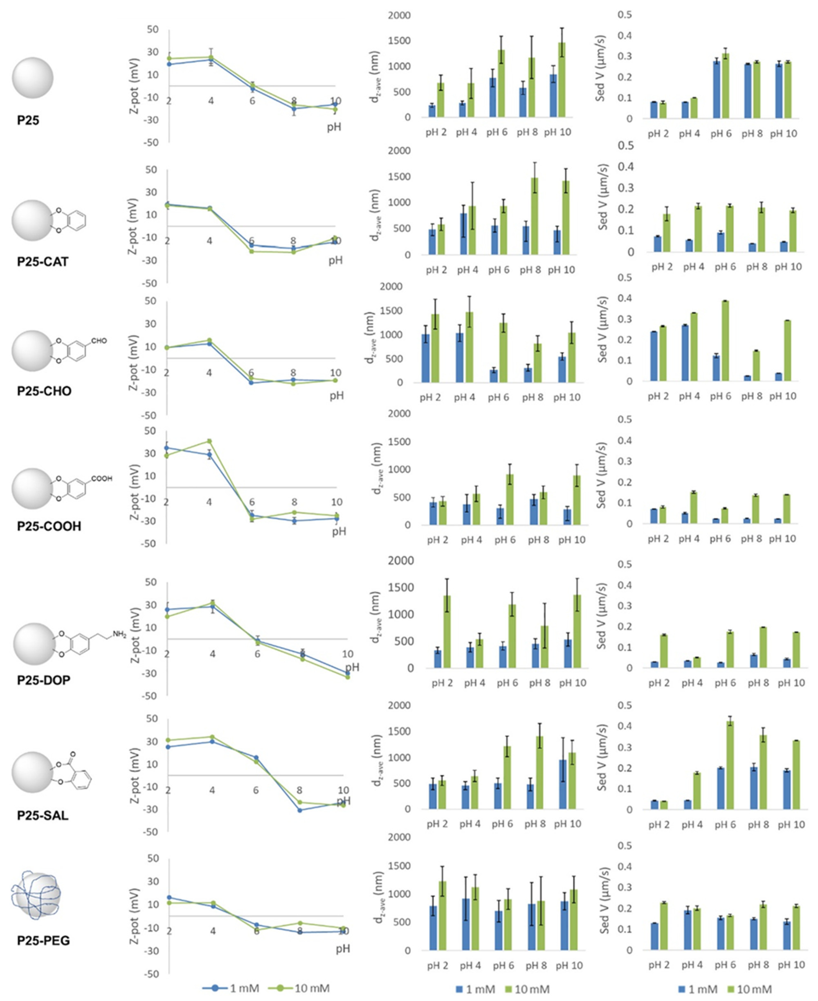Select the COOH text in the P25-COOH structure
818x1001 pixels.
pyautogui.click(x=102, y=479)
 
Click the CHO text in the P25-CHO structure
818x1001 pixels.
pyautogui.click(x=99, y=341)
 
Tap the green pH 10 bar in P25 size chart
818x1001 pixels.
pyautogui.click(x=562, y=80)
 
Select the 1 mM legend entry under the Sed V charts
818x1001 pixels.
pyautogui.click(x=697, y=989)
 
